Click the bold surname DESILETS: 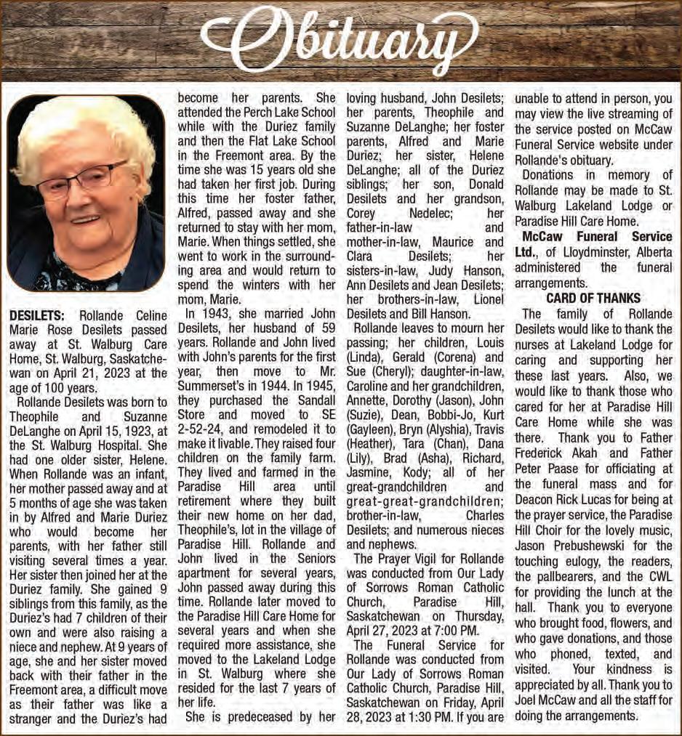pyautogui.click(x=37, y=315)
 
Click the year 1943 pyautogui.click(x=218, y=314)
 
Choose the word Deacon pyautogui.click(x=534, y=499)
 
